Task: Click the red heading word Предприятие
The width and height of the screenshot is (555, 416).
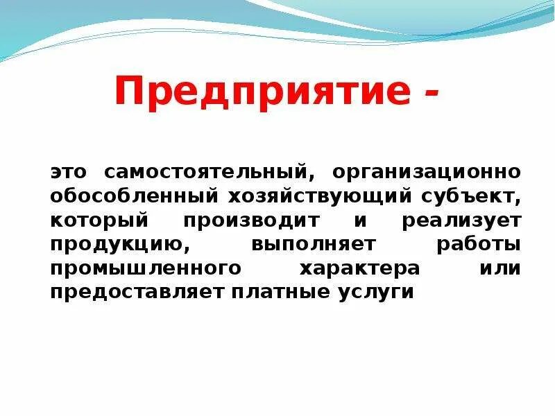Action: click(264, 93)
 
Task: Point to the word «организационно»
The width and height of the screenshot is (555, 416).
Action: click(426, 171)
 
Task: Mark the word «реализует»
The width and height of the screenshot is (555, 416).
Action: click(461, 220)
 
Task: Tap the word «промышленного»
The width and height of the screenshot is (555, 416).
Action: click(146, 268)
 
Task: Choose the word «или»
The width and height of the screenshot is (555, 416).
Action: click(499, 268)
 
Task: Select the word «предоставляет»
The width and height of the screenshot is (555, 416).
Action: click(136, 292)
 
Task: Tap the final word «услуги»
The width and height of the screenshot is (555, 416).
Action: click(373, 293)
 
